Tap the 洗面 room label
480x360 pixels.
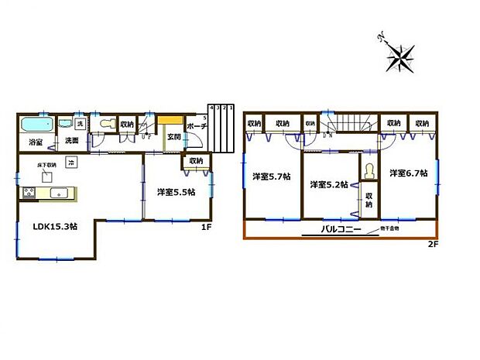pyautogui.click(x=72, y=141)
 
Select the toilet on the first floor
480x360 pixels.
pyautogui.click(x=106, y=124)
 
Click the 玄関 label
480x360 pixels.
pyautogui.click(x=173, y=137)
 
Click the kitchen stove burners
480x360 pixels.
pyautogui.click(x=27, y=194)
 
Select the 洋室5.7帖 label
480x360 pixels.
pyautogui.click(x=271, y=177)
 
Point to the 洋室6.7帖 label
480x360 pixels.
pyautogui.click(x=408, y=173)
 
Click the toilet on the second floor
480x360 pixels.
pyautogui.click(x=369, y=169)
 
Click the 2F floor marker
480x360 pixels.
pyautogui.click(x=433, y=245)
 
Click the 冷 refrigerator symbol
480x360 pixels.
pyautogui.click(x=70, y=163)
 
